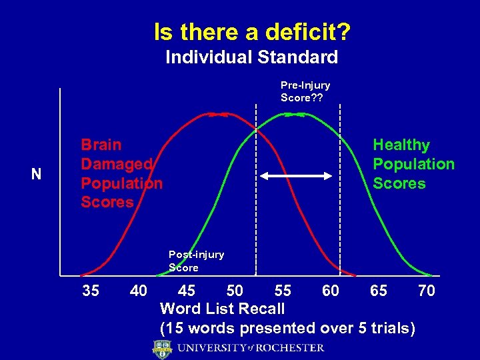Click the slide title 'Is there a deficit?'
253,31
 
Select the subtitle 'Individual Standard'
251,57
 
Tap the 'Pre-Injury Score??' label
305,91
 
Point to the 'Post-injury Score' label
196,261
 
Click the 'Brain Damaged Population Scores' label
121,173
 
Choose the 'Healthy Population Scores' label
413,164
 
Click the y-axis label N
37,175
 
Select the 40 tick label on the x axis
139,291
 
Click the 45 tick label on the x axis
187,291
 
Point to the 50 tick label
235,291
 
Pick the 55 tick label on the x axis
283,291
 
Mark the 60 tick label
331,291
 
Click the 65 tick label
379,291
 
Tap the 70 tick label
427,291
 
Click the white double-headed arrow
296,176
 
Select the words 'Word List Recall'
223,309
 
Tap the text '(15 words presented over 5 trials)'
287,328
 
